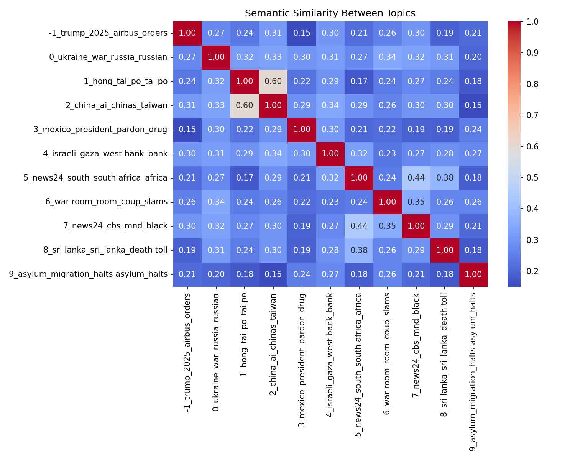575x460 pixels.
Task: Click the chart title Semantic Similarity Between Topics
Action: (330, 13)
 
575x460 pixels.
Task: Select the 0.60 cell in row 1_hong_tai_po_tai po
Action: (273, 81)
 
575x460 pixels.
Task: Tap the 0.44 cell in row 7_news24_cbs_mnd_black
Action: (359, 226)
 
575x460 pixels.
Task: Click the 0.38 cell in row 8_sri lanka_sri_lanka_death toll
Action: (359, 250)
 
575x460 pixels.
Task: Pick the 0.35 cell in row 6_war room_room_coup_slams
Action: (416, 202)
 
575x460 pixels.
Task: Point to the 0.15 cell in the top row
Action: (302, 33)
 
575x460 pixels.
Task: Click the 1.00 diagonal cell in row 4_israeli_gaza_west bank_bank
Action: (330, 154)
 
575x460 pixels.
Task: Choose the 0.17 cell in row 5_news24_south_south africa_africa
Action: (245, 178)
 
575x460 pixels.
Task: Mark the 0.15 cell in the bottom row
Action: (273, 274)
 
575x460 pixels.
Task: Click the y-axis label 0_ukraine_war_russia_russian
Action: (108, 57)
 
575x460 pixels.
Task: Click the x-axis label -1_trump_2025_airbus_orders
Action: (187, 353)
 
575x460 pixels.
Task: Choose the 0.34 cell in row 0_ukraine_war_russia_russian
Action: (387, 57)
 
